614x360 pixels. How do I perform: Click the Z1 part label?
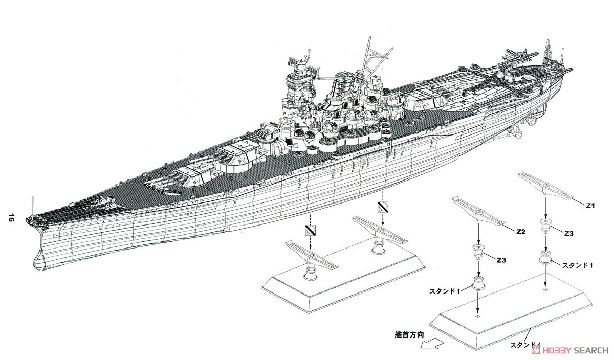[590, 206]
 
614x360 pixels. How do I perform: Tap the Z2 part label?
[521, 232]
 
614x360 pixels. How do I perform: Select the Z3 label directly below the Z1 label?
[569, 233]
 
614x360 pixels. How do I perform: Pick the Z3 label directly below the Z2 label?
[501, 260]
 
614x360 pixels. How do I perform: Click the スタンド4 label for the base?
[525, 345]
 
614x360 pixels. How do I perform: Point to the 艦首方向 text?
[409, 335]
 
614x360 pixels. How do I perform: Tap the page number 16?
[11, 218]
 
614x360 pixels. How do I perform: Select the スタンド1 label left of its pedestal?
[445, 291]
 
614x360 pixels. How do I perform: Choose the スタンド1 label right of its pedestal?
[578, 266]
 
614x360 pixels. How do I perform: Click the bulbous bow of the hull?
[40, 259]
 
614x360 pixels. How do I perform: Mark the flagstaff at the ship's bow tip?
[33, 208]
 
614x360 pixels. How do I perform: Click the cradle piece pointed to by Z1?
[545, 185]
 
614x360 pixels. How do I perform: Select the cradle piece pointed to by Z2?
[478, 210]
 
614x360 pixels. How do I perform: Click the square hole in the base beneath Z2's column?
[478, 317]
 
